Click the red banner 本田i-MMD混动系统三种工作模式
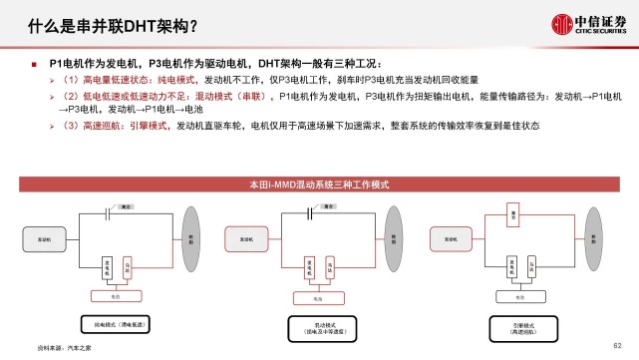click(319, 184)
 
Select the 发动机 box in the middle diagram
click(244, 239)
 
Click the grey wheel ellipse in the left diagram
click(191, 239)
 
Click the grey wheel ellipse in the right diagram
click(594, 239)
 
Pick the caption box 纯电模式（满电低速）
click(119, 325)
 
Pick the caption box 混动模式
click(320, 325)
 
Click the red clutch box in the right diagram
click(509, 215)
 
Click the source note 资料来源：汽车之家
click(59, 348)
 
